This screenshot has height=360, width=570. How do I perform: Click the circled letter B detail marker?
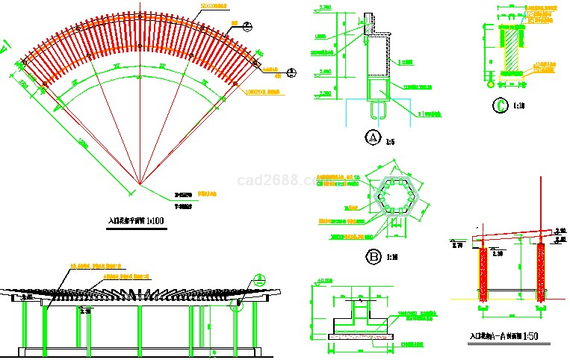tap(373, 258)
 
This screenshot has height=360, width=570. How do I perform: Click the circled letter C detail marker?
tap(498, 105)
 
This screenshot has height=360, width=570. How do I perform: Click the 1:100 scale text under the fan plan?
tap(155, 221)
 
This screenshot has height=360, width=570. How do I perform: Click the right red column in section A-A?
tap(541, 275)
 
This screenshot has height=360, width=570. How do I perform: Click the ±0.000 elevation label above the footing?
tap(324, 282)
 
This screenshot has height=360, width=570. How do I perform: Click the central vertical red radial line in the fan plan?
tap(140, 112)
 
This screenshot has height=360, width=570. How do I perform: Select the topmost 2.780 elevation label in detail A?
tap(326, 7)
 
